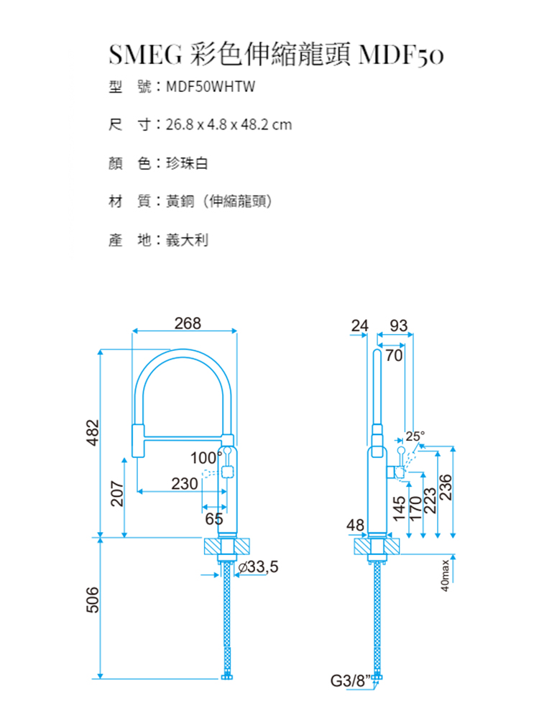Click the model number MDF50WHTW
(x=211, y=86)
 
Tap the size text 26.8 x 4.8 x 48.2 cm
(x=229, y=124)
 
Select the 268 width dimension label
(x=188, y=324)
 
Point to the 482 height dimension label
(x=93, y=432)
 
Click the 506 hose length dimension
(x=93, y=600)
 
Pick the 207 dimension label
(x=117, y=493)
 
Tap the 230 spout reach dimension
(x=185, y=483)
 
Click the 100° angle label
(x=206, y=457)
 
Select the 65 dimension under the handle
(x=214, y=519)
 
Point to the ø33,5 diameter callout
(x=258, y=567)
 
